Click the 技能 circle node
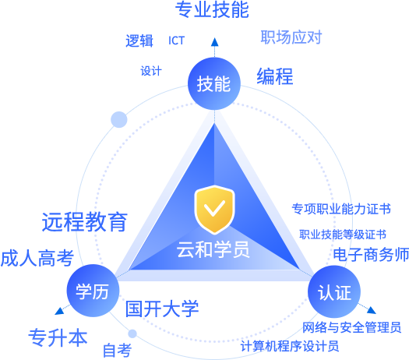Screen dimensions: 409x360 (214, 83)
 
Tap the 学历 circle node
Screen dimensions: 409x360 (93, 291)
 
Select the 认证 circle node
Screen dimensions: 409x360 (334, 291)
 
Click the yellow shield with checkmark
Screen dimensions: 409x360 (214, 209)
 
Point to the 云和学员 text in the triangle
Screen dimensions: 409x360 (213, 249)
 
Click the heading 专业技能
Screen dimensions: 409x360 (212, 10)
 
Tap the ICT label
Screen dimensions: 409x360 (176, 41)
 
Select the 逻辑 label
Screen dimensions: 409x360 (139, 41)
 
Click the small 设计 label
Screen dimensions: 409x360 (151, 71)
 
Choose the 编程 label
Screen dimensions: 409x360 (275, 76)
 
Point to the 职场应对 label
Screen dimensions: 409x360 (291, 37)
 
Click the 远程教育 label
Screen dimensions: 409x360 (85, 222)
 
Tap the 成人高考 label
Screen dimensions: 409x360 (37, 258)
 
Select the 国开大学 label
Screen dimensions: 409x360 (162, 309)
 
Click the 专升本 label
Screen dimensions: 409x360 (58, 337)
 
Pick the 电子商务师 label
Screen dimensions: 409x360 (371, 255)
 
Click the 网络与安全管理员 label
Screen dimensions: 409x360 (351, 327)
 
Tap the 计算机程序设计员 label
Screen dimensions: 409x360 (290, 346)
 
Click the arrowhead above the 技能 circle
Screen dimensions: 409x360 (215, 42)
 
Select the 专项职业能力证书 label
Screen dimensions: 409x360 (341, 209)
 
